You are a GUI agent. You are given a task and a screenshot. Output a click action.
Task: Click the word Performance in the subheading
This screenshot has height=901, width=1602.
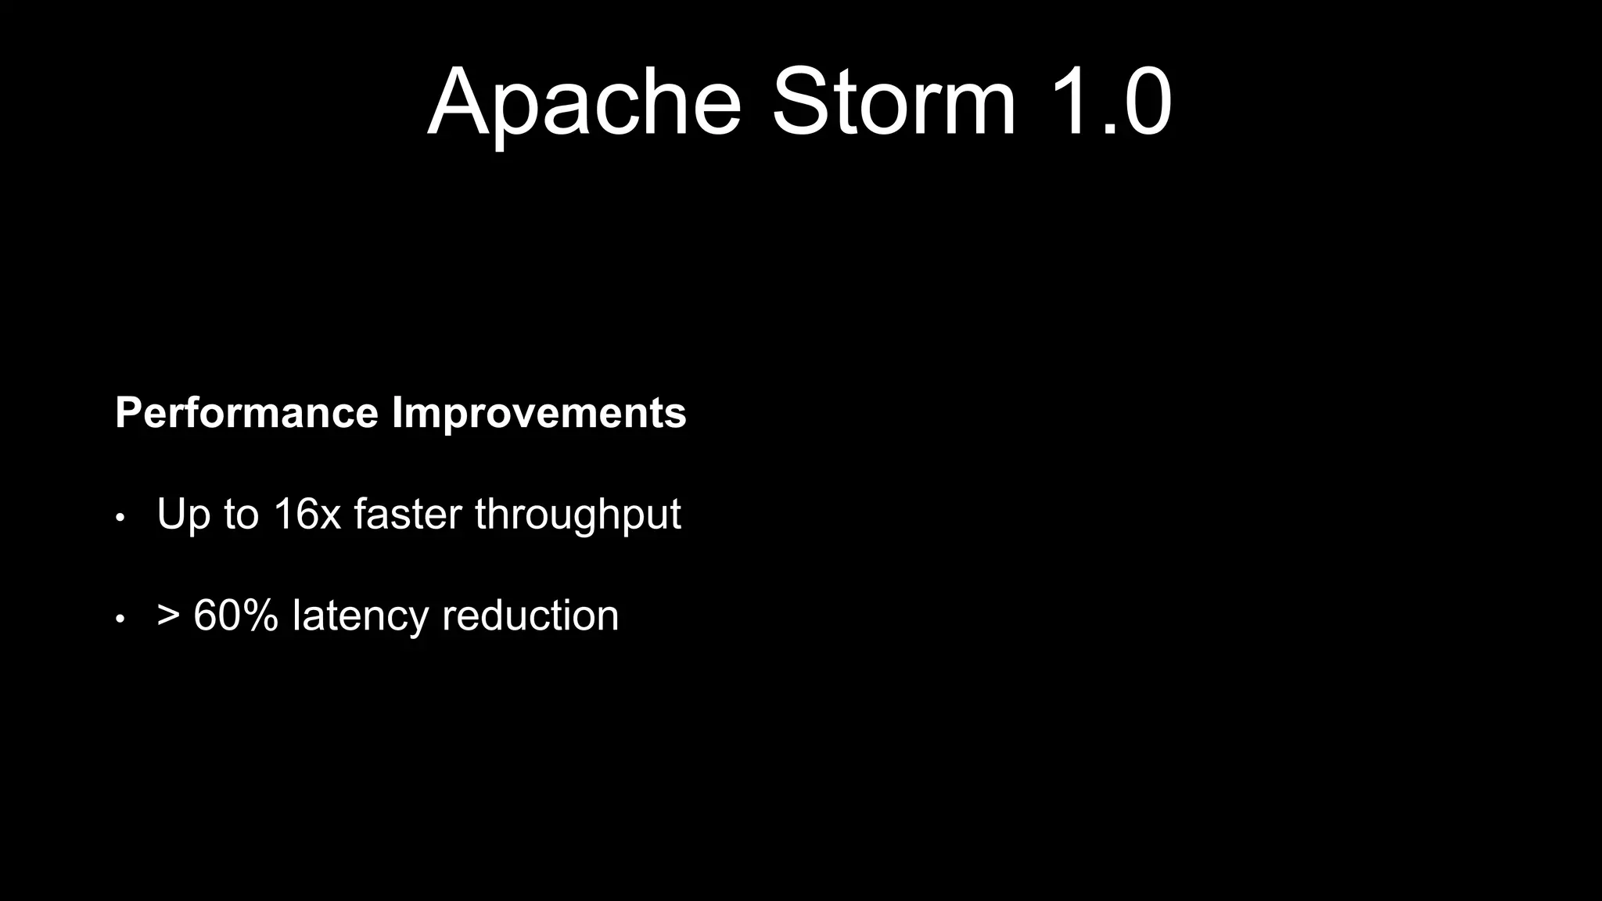246,413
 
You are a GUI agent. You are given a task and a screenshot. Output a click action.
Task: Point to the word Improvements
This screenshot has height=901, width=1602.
539,413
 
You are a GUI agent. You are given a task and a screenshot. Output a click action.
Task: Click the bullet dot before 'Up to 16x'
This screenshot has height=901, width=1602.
120,518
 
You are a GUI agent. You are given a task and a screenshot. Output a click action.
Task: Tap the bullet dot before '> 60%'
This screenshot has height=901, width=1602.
120,619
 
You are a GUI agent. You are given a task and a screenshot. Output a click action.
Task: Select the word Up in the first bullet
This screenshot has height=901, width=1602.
184,515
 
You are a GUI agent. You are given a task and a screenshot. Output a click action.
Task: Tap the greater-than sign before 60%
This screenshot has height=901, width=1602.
168,616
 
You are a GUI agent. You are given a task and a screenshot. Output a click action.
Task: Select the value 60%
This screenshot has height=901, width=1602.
235,616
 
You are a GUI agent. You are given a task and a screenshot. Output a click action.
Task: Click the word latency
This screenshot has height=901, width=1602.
360,616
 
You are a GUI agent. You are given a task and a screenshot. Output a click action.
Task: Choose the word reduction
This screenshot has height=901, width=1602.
530,616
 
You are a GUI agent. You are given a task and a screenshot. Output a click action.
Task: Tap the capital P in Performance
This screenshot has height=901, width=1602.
128,413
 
